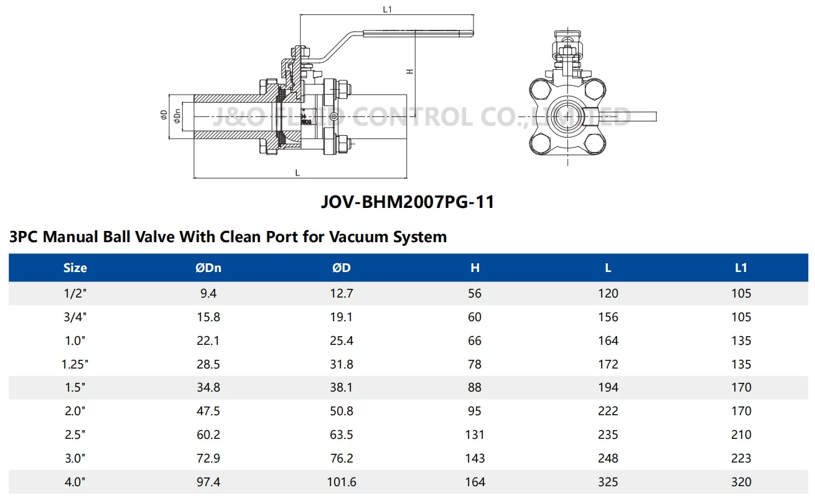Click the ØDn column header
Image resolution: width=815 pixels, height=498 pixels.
208,268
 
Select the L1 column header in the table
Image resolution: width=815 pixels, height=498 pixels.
741,268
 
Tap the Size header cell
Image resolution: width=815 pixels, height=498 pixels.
75,268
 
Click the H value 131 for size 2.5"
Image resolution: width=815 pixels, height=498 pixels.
475,435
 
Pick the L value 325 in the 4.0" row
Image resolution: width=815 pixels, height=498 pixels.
608,482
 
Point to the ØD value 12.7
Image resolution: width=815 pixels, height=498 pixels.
342,293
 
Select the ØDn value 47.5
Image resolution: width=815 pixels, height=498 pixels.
208,411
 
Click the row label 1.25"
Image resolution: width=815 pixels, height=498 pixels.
75,364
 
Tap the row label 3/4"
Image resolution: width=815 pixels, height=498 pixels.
75,317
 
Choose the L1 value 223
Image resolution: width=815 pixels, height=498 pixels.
741,458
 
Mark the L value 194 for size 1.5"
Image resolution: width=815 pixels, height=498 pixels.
608,387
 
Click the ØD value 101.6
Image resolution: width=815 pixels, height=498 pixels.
342,482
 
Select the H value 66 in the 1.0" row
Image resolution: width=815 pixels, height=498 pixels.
475,341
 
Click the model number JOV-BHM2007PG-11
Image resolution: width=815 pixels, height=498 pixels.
407,202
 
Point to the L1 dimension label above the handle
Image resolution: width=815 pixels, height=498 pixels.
387,9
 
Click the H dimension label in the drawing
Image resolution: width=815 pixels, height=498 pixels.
409,71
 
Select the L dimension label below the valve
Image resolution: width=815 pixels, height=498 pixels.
297,172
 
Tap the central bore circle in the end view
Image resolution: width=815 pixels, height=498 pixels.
567,116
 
